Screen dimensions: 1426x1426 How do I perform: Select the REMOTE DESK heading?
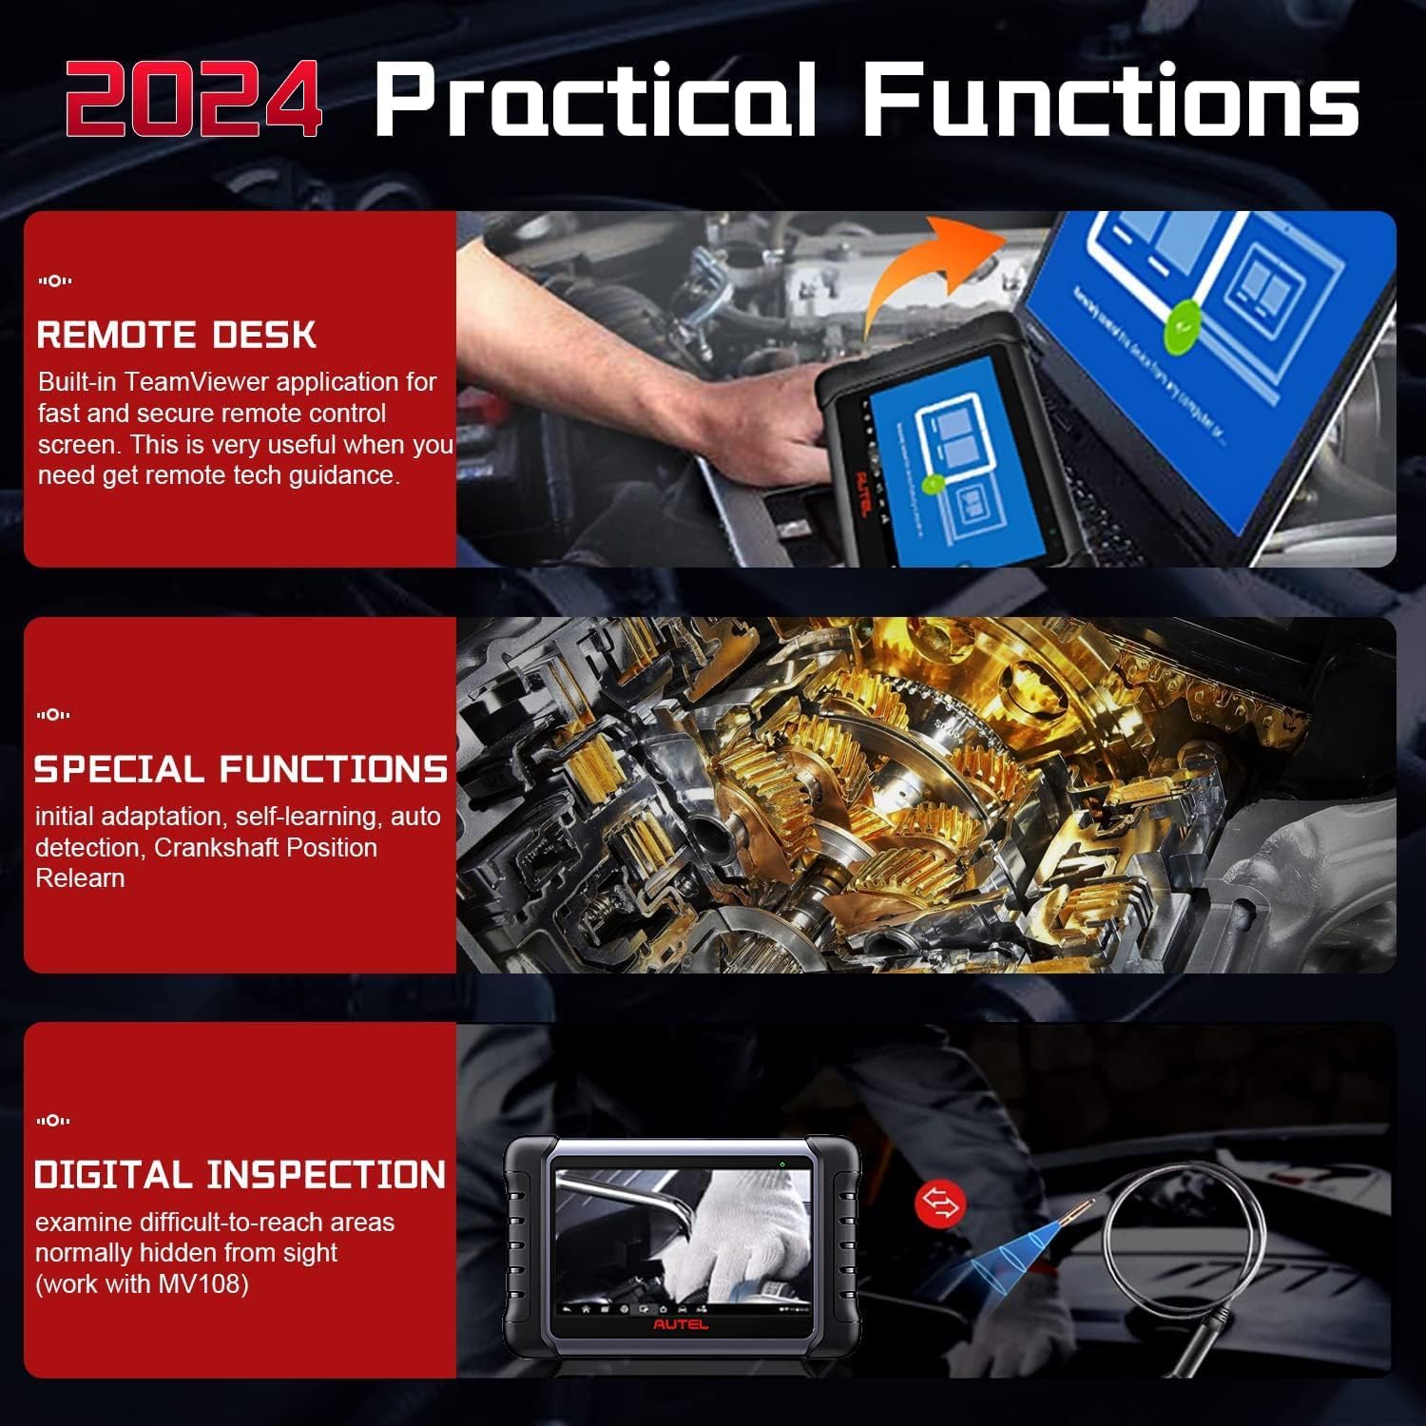pyautogui.click(x=176, y=335)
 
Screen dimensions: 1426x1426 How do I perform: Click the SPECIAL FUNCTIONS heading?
pyautogui.click(x=241, y=769)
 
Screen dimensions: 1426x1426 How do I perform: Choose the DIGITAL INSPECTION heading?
pyautogui.click(x=240, y=1175)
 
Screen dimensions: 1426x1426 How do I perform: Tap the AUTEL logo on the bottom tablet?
pyautogui.click(x=680, y=1324)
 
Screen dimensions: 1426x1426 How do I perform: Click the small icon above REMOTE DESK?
pyautogui.click(x=54, y=280)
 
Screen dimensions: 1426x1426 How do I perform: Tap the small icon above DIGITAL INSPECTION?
pyautogui.click(x=54, y=1121)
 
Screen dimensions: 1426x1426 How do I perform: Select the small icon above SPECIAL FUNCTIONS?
pyautogui.click(x=54, y=714)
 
